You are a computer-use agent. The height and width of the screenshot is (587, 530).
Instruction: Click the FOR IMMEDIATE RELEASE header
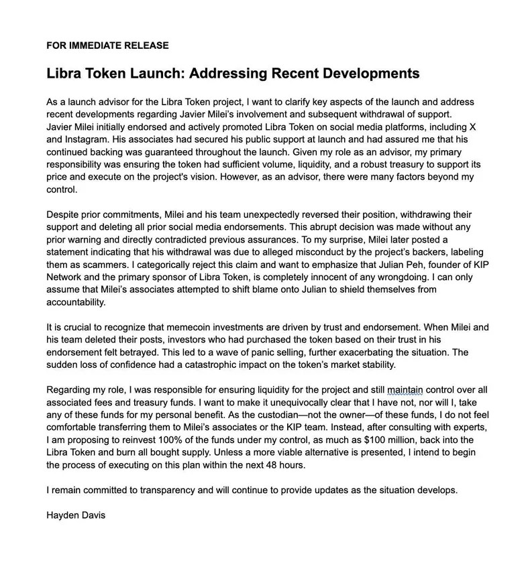[x=107, y=46]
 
